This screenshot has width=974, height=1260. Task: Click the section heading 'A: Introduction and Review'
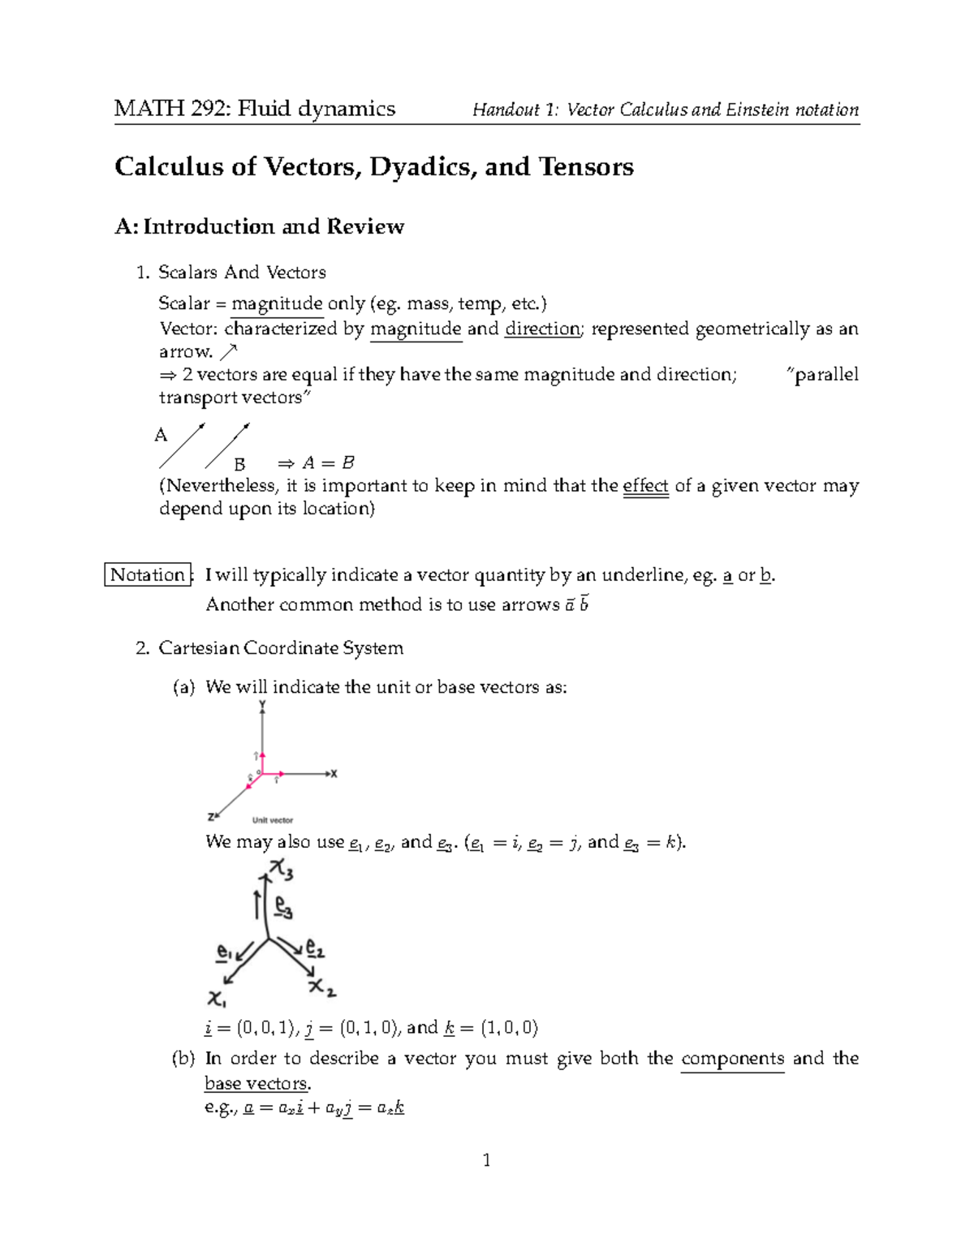[259, 226]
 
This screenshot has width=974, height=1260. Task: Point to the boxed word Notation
[148, 575]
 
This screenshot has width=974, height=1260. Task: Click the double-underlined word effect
[645, 486]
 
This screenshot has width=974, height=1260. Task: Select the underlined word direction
[541, 329]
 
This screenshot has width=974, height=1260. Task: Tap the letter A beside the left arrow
[161, 436]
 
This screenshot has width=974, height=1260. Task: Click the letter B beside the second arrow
[239, 465]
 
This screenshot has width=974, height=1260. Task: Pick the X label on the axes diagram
[334, 774]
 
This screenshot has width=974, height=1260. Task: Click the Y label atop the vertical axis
[262, 704]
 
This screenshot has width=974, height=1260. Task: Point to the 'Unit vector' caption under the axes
[272, 820]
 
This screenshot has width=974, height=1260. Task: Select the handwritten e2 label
[315, 948]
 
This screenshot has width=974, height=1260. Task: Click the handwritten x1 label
[218, 996]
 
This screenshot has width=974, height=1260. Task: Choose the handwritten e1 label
[225, 952]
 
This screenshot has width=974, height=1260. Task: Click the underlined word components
[732, 1059]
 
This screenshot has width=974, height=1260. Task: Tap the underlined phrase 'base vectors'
[256, 1083]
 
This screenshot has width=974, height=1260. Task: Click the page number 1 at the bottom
[486, 1160]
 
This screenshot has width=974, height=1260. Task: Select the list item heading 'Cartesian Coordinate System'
[281, 648]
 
